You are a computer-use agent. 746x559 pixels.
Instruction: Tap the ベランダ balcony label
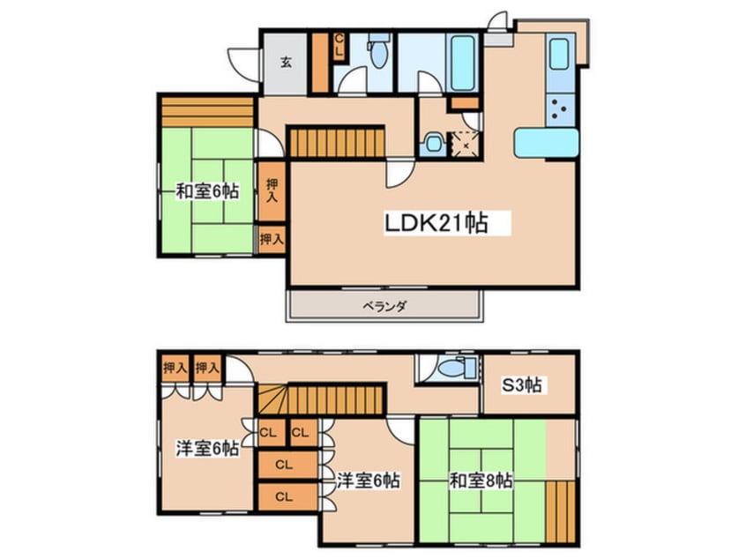[x=384, y=306]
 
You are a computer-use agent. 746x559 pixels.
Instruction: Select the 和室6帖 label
[x=206, y=190]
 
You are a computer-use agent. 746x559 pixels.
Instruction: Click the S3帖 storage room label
[x=523, y=384]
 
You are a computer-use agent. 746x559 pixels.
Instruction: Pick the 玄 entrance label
[x=287, y=62]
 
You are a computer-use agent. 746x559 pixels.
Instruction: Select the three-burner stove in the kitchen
[x=560, y=110]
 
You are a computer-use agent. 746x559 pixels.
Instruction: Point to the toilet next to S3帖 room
[x=450, y=369]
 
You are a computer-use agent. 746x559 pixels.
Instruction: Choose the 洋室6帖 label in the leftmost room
[x=206, y=448]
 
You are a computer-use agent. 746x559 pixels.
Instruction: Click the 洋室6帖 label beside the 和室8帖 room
[x=369, y=481]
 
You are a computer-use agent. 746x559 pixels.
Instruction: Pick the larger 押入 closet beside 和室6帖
[x=272, y=190]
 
